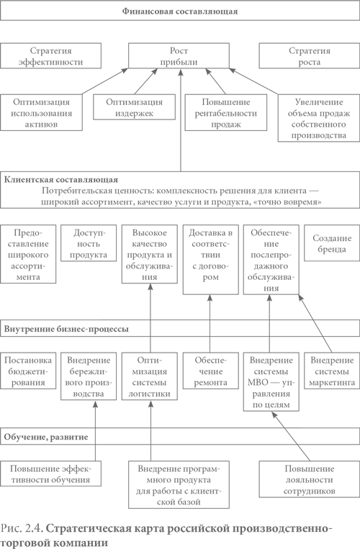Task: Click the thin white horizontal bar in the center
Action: (151, 197)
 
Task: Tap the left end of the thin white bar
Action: (102, 197)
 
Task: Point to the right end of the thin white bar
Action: (201, 197)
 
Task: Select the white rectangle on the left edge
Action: (50, 301)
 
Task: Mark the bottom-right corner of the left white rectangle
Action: (100, 319)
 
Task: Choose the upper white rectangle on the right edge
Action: (331, 279)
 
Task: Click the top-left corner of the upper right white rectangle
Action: (303, 262)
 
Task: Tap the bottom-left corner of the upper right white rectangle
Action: (303, 297)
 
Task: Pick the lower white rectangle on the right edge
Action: (331, 408)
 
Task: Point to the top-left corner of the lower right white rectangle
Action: (303, 390)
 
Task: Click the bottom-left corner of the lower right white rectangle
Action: (303, 427)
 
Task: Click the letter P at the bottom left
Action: (3, 528)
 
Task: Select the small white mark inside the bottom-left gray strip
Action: (37, 530)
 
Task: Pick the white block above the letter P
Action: (50, 504)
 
